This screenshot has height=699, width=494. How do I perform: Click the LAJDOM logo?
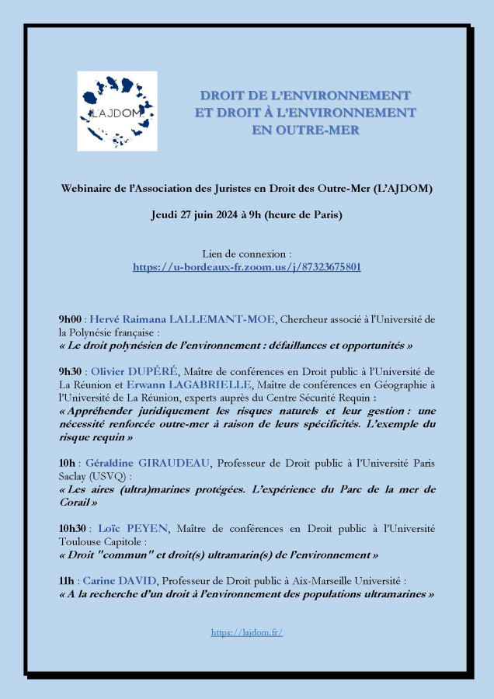tap(117, 111)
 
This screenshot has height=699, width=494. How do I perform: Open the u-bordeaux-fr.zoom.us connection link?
tap(247, 266)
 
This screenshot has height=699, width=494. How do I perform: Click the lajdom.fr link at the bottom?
tap(247, 632)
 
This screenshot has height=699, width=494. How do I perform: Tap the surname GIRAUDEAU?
tap(171, 463)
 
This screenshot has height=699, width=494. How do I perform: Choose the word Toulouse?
tap(82, 542)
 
